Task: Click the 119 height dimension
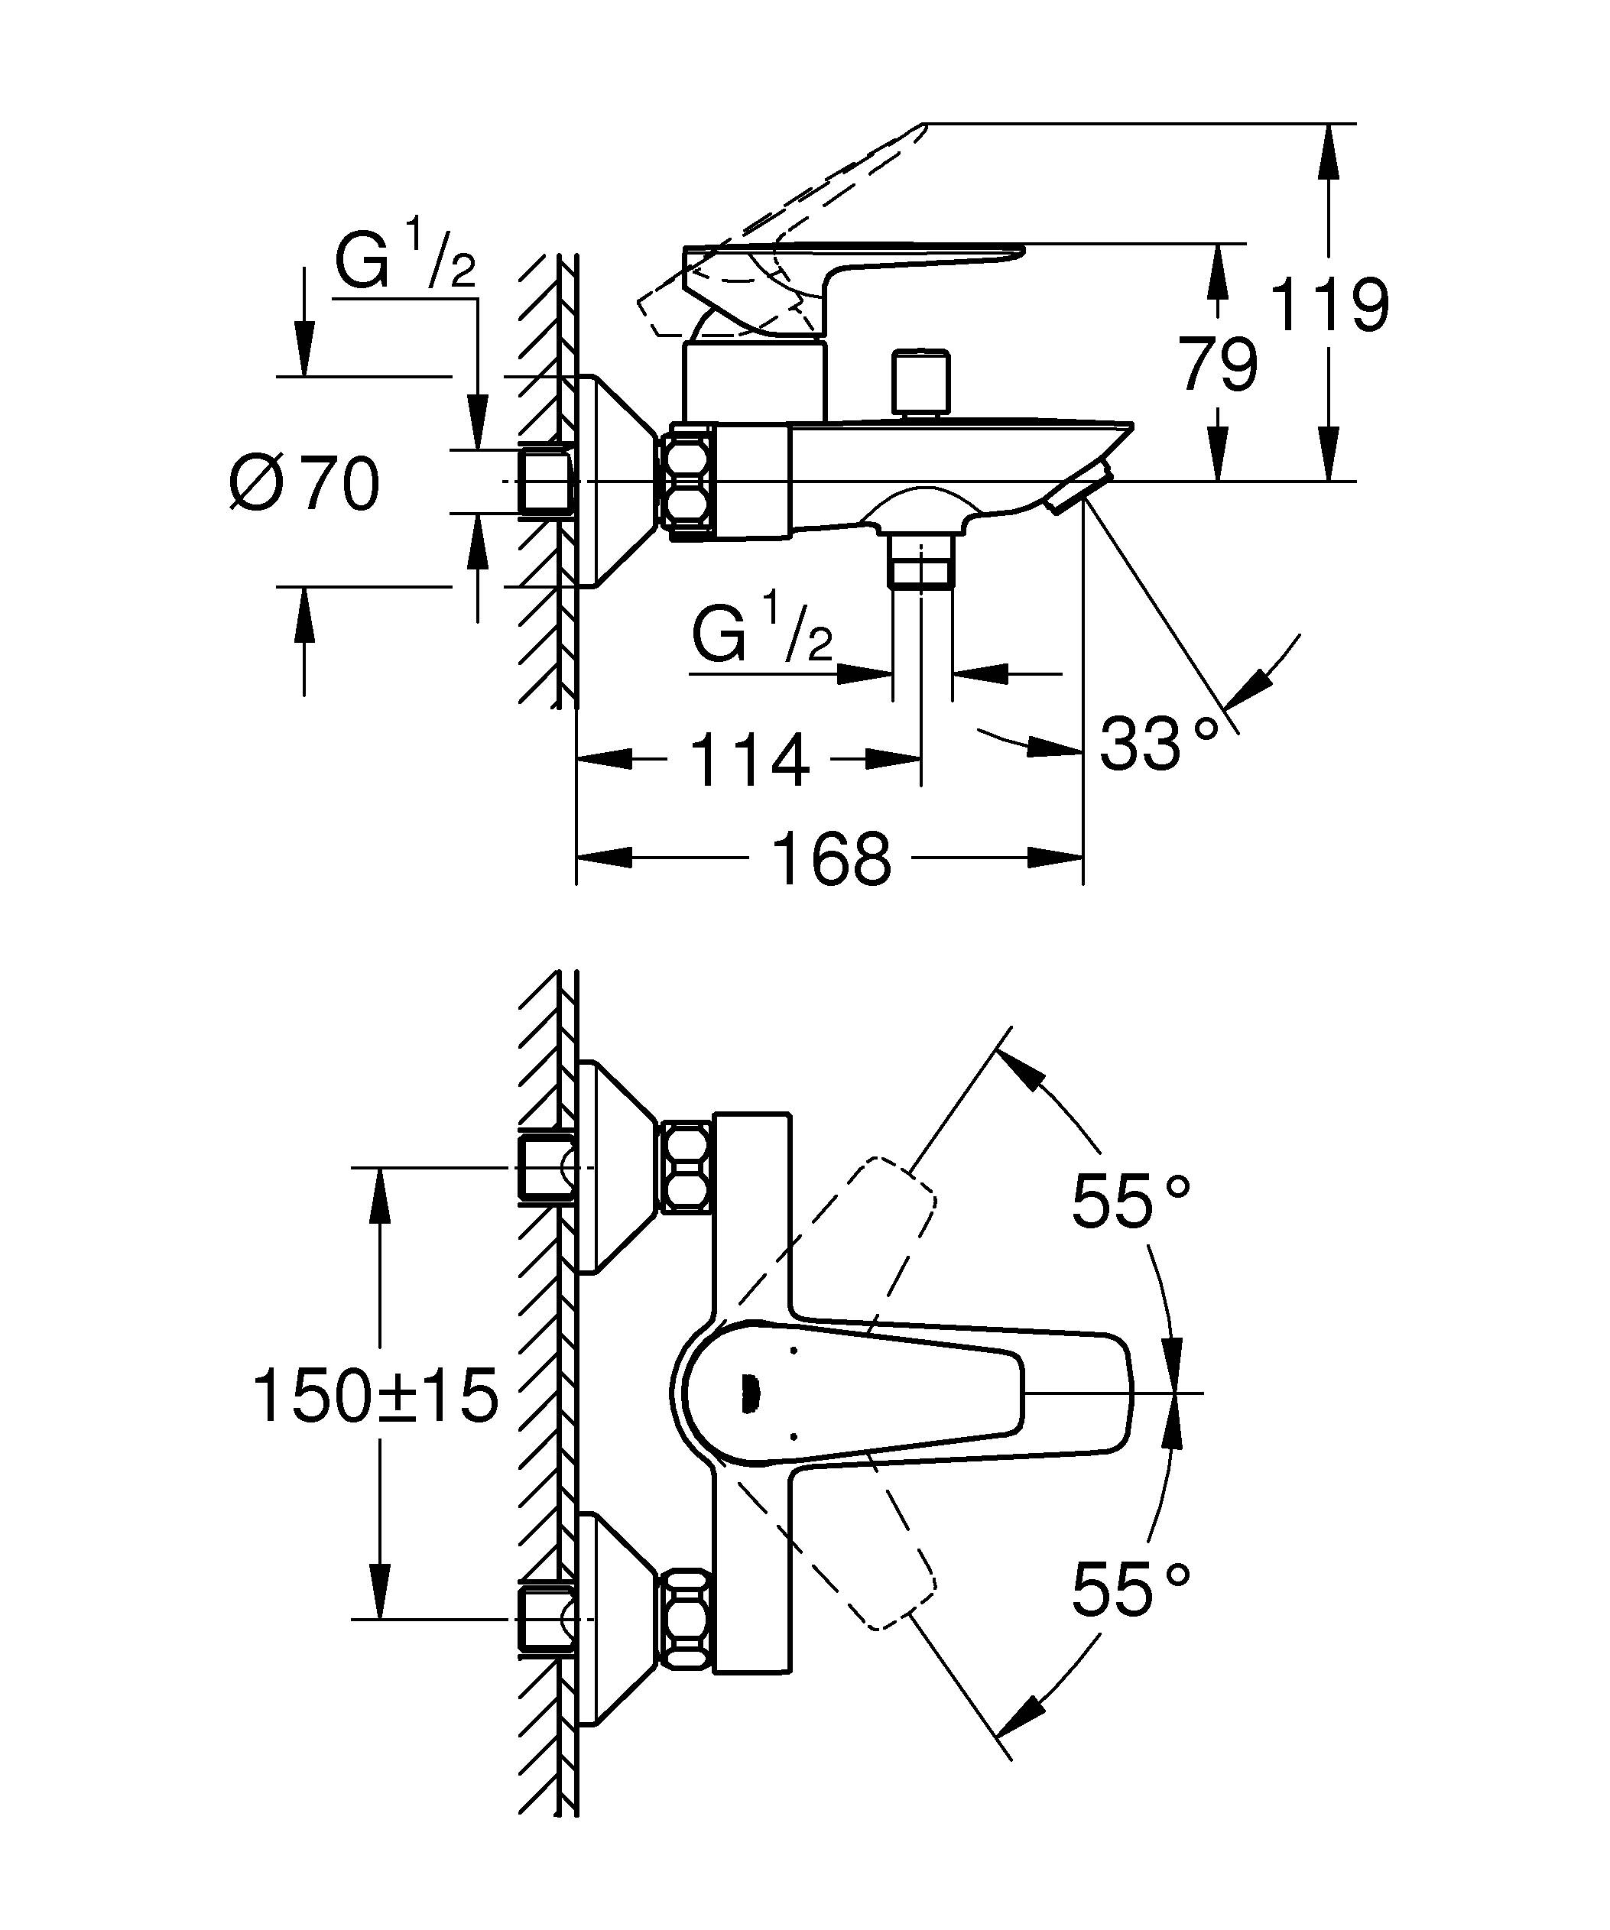(x=1329, y=305)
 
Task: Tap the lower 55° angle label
(x=1131, y=1590)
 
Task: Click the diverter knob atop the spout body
(x=920, y=382)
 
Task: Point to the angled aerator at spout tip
(x=1082, y=489)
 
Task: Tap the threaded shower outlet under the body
(x=922, y=563)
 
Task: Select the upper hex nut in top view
(x=687, y=1166)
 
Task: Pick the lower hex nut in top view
(x=687, y=1620)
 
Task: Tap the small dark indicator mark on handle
(x=748, y=1394)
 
